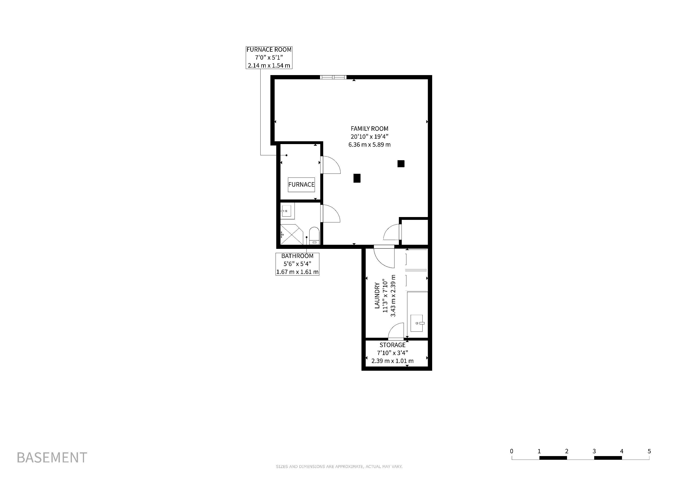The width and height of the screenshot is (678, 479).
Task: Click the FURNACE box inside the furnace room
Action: click(x=301, y=185)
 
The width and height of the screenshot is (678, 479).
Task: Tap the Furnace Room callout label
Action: click(x=269, y=58)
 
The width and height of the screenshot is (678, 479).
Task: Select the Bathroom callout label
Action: click(x=297, y=264)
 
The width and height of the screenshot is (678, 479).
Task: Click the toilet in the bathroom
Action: click(x=314, y=236)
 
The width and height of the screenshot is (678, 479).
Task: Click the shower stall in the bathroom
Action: click(x=292, y=235)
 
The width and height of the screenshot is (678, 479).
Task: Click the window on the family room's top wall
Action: click(x=333, y=77)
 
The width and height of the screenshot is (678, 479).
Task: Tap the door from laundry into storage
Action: click(x=396, y=331)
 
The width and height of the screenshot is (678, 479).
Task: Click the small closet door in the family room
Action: click(x=392, y=232)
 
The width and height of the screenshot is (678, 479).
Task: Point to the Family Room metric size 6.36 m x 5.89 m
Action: click(x=369, y=145)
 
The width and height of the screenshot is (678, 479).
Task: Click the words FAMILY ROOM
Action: click(x=369, y=129)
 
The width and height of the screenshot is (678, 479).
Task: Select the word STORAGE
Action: click(x=392, y=345)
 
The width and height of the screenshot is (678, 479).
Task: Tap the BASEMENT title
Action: click(x=52, y=457)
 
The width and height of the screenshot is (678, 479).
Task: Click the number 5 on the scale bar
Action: click(x=649, y=451)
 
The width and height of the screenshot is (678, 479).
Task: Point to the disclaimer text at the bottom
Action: click(x=339, y=467)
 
